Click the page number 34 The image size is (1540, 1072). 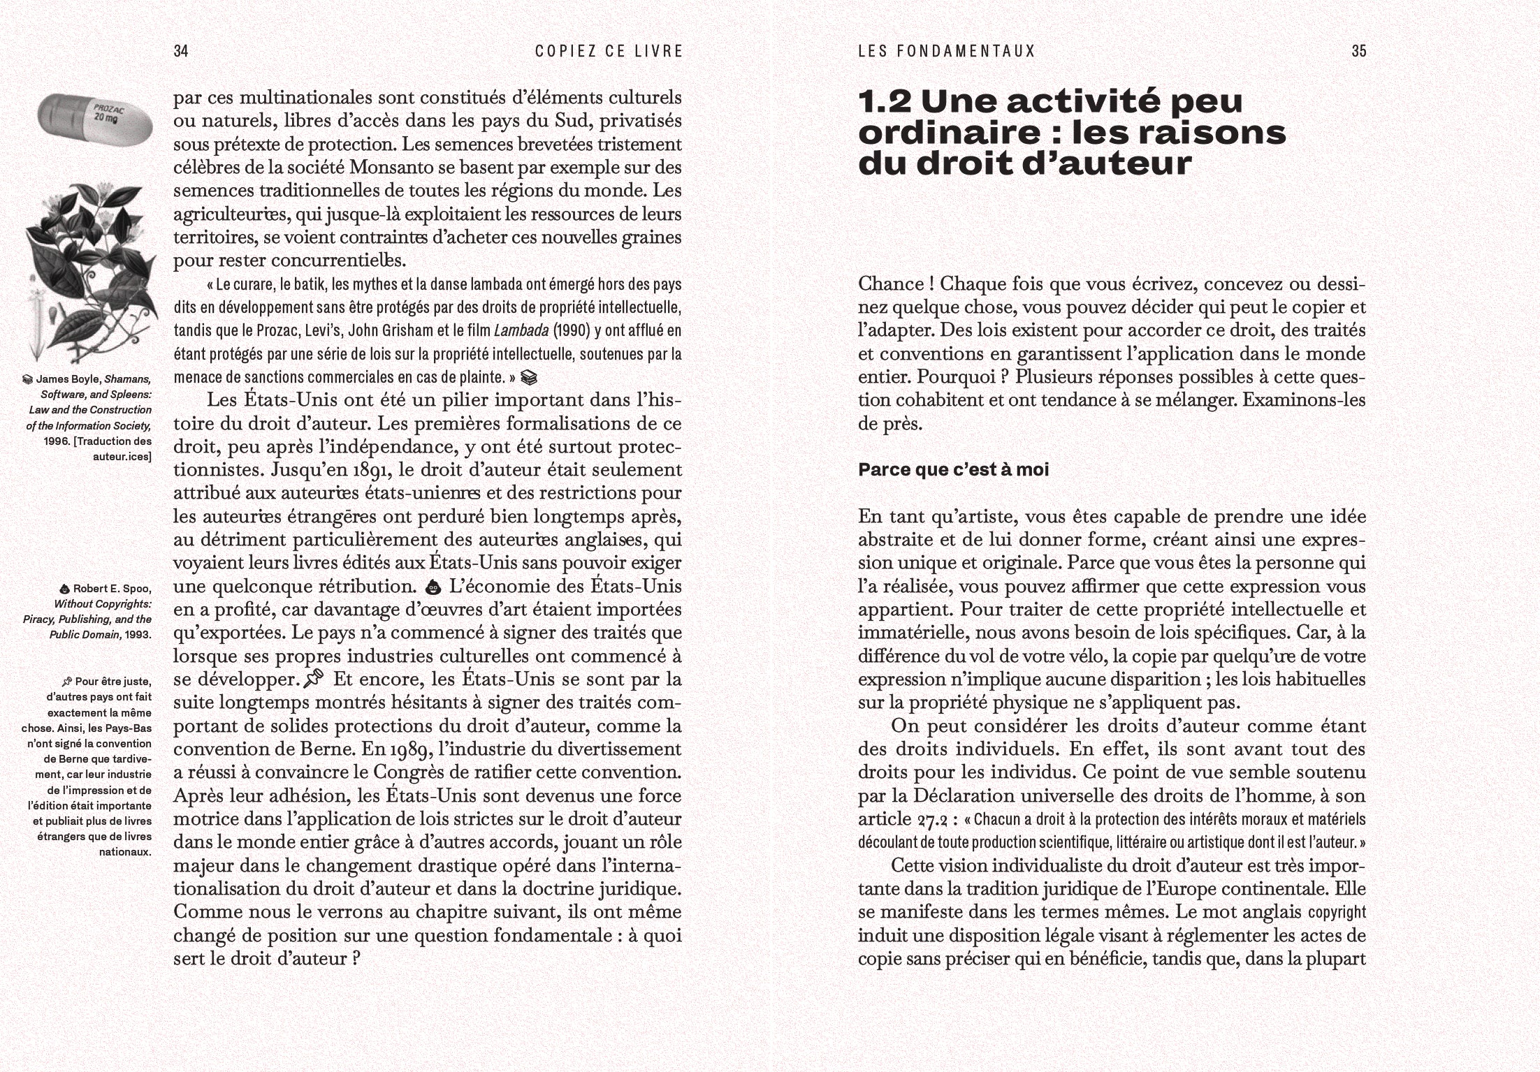[x=181, y=51]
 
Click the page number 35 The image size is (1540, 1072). [x=1358, y=51]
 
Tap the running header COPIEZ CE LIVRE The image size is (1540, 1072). [x=609, y=51]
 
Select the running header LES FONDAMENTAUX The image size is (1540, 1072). [x=946, y=51]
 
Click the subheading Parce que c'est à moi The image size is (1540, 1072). [x=953, y=470]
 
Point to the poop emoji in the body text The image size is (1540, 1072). [x=434, y=587]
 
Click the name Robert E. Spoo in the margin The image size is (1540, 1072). [x=112, y=588]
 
